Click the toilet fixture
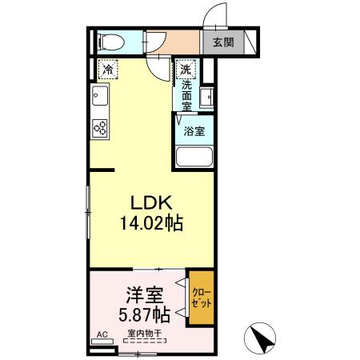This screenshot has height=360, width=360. click(108, 41)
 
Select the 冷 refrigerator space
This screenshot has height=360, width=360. click(107, 69)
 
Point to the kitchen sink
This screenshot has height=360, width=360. click(102, 100)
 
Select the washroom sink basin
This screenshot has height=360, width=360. click(206, 98)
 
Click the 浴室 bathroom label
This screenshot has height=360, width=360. click(194, 130)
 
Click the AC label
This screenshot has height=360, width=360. click(102, 334)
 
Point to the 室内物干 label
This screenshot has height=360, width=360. click(144, 334)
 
